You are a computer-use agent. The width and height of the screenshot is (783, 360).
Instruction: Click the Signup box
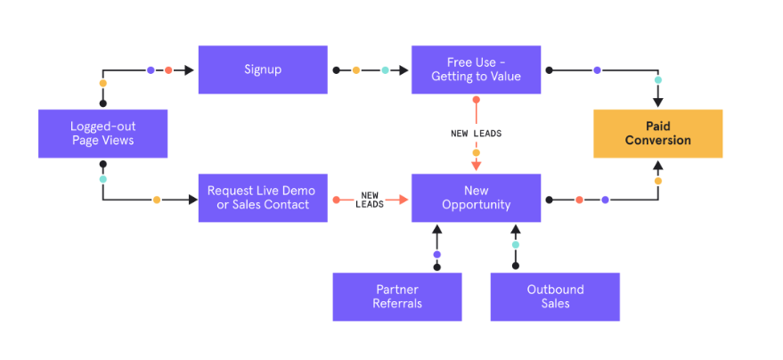point(263,70)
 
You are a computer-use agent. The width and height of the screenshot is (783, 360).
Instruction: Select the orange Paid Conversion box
point(657,134)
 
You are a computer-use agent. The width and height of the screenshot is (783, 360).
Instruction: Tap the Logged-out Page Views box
point(102,134)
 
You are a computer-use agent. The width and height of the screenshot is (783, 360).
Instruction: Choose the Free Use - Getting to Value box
point(476,70)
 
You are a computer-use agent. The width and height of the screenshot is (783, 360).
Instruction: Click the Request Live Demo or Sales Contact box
point(263,198)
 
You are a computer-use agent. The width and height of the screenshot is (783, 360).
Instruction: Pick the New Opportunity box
point(476,198)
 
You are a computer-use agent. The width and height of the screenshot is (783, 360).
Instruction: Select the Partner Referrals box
point(397,296)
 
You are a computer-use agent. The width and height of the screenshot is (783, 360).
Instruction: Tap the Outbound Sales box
point(554,296)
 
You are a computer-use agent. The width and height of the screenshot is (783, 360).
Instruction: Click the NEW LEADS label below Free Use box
point(476,134)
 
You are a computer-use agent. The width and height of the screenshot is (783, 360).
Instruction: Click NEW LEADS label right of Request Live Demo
point(370,199)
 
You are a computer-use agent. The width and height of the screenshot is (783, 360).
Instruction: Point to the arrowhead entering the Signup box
point(190,70)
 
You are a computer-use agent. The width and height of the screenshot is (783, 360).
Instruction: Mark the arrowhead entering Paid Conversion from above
point(658,102)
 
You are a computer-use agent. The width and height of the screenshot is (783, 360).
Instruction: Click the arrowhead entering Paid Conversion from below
point(658,165)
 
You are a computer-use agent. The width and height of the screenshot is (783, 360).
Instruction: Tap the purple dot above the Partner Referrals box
point(436,254)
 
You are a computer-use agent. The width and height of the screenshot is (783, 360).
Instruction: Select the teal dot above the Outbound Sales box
point(515,244)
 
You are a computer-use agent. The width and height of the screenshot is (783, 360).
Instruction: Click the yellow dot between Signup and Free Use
point(356,70)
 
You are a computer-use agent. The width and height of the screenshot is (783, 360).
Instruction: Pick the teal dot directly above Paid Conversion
point(658,80)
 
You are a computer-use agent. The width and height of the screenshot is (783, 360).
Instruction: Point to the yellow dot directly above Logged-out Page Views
point(102,84)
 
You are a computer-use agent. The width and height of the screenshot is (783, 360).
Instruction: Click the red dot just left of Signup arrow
point(168,70)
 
